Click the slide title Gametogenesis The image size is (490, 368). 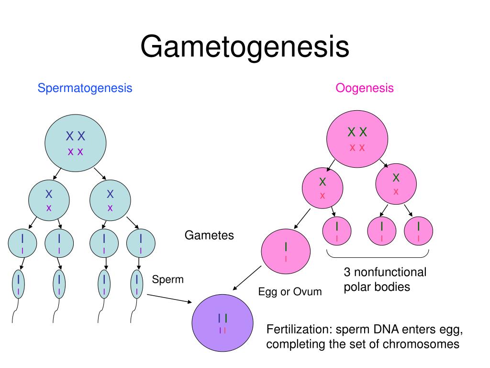click(x=245, y=47)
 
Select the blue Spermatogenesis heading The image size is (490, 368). click(x=85, y=88)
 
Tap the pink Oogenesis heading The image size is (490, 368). click(x=365, y=88)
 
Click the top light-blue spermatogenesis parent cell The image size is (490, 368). click(x=76, y=143)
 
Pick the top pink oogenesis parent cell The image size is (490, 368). click(x=357, y=139)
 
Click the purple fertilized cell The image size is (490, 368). click(x=222, y=322)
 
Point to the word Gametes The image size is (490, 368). click(x=209, y=235)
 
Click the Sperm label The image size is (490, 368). click(x=168, y=279)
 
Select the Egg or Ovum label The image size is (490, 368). click(x=290, y=291)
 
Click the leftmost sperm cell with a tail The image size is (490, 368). click(x=19, y=284)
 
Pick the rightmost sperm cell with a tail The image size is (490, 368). click(x=137, y=284)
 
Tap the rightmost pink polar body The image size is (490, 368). click(x=419, y=231)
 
